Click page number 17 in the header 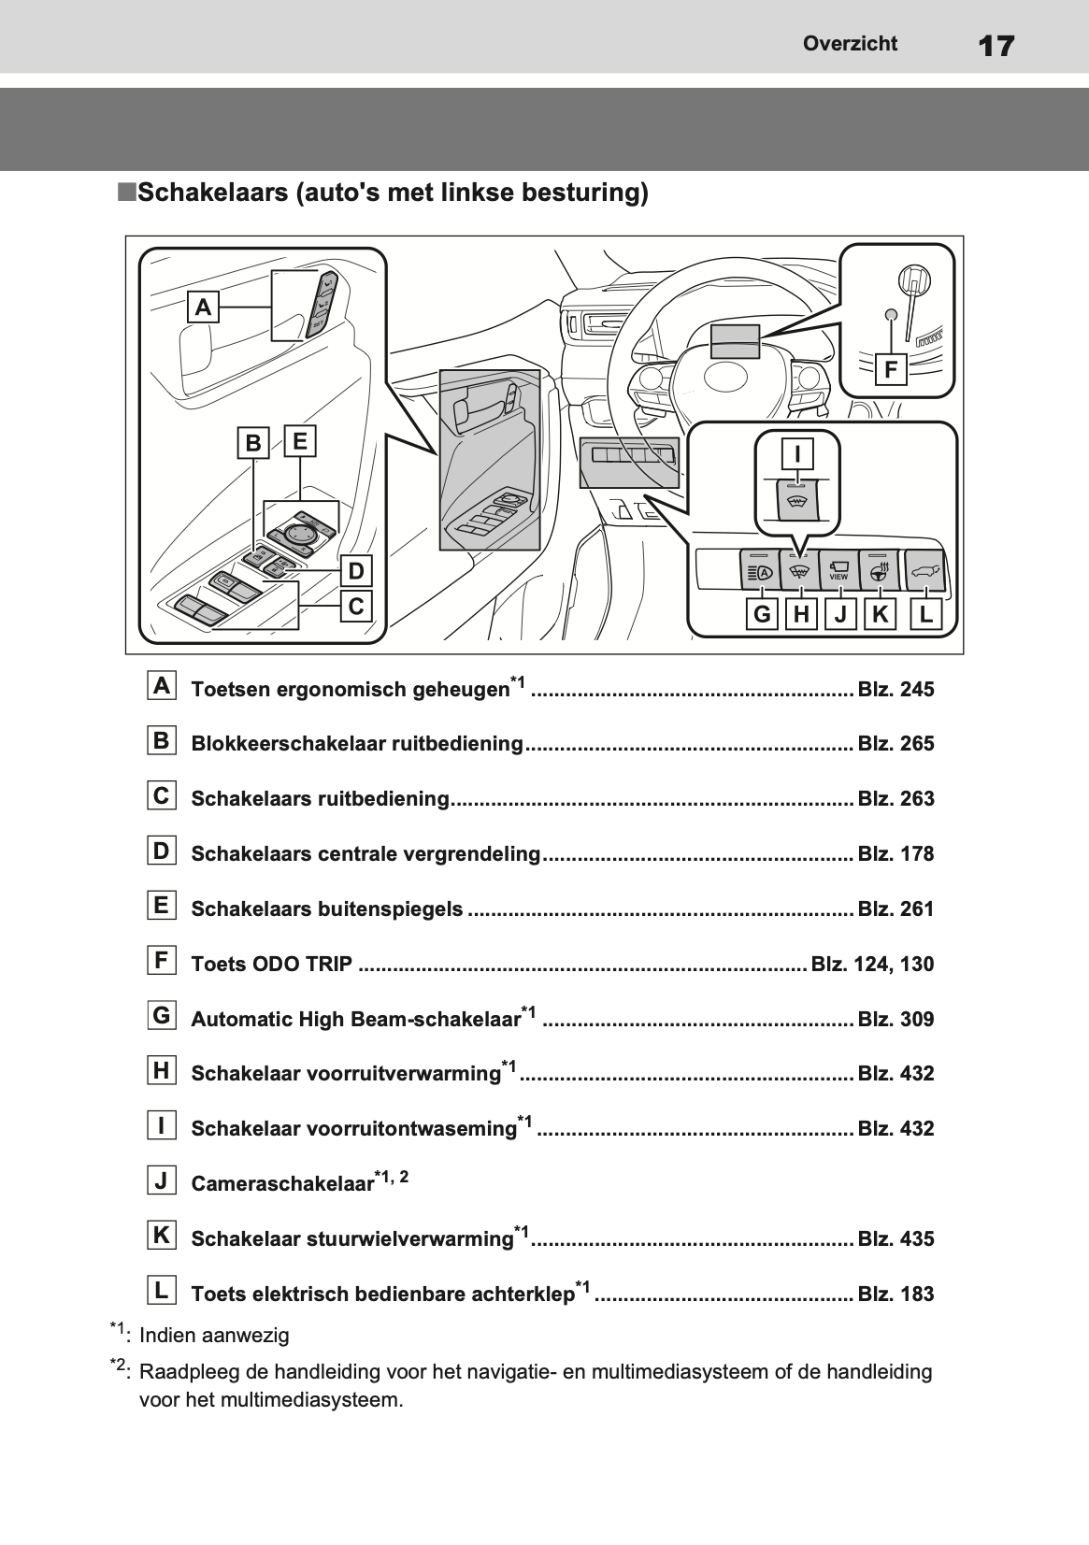pos(996,46)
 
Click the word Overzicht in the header pos(850,43)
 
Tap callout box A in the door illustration pos(204,307)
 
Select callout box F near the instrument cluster pos(891,369)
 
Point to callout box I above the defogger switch pos(797,453)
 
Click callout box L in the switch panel pos(925,613)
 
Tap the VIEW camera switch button pos(839,569)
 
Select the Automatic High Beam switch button pos(759,569)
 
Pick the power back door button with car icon pos(924,569)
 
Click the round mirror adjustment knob pos(299,533)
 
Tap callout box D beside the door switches pos(356,570)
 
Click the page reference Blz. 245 pos(896,689)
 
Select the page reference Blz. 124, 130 pos(872,964)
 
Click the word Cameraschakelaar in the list pos(282,1183)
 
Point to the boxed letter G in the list pos(162,1015)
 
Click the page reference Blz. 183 pos(896,1294)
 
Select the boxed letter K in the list pos(162,1235)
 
